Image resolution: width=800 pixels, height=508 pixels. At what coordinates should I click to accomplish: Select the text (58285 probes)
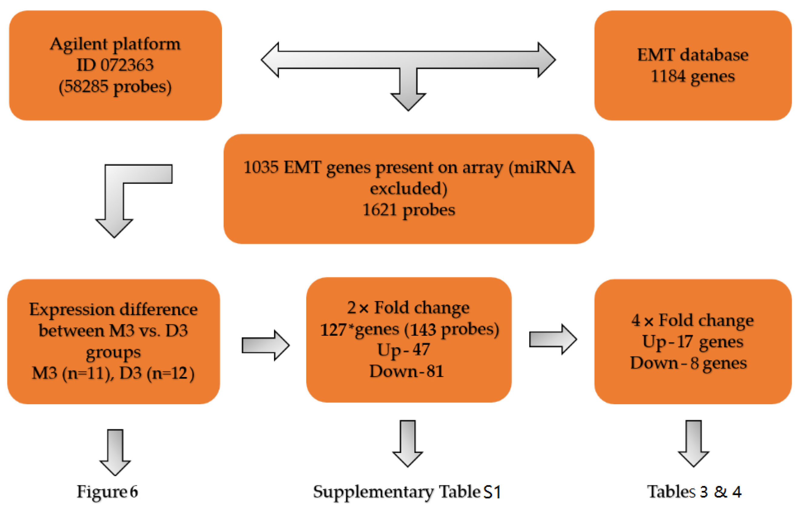point(115,87)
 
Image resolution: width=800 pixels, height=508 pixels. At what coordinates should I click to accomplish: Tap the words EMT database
point(693,54)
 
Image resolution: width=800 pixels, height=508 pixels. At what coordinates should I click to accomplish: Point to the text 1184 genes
point(693,76)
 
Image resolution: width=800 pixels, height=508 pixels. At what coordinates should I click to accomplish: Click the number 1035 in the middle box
point(261,167)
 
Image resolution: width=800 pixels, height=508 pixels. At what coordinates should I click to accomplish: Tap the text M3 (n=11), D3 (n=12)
point(113,373)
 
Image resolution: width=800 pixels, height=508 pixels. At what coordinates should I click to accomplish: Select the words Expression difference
point(113,310)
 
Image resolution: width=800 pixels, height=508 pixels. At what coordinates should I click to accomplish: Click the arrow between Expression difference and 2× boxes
point(265,345)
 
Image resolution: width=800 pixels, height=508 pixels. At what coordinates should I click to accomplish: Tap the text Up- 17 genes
point(693,341)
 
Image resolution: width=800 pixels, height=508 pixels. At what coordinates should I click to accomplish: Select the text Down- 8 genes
point(688,363)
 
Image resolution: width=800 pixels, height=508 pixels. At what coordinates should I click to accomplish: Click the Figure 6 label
point(107,492)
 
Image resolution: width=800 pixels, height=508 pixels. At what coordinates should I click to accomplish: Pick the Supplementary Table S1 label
point(407,492)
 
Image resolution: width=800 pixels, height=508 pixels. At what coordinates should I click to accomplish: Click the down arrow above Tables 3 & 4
point(693,443)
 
